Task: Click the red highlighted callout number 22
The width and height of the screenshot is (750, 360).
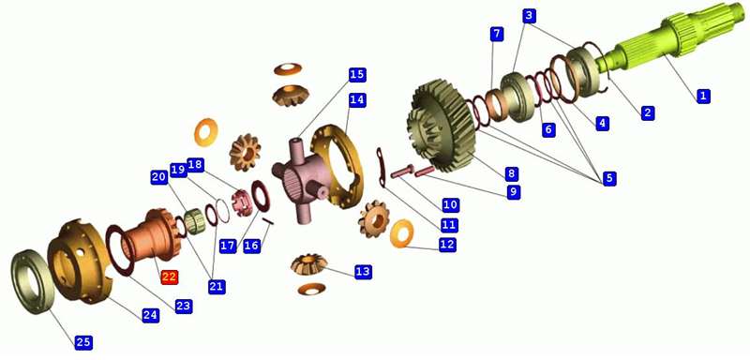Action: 170,277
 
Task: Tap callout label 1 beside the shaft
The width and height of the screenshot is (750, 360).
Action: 702,96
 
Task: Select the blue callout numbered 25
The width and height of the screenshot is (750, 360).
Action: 83,342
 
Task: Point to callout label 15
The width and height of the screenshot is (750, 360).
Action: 357,75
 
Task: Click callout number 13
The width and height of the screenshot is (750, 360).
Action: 363,272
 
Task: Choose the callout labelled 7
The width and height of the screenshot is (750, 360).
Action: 497,34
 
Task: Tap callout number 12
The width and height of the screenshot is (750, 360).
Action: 447,245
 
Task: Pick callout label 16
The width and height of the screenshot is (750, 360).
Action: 251,246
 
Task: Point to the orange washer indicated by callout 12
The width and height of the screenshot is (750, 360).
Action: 402,233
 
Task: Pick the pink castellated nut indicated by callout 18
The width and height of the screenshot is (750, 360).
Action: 241,202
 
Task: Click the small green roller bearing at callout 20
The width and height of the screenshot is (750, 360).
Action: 195,221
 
